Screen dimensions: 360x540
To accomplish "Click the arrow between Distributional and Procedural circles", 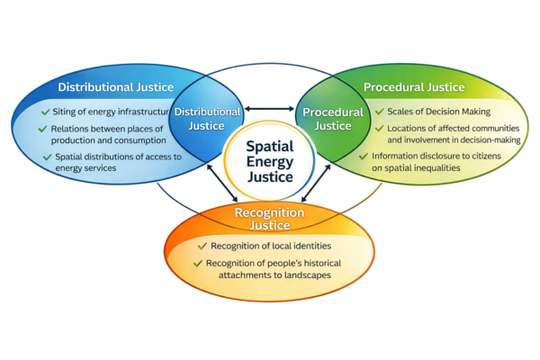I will click(x=269, y=109).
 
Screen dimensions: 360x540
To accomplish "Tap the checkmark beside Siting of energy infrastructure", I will click(x=45, y=112).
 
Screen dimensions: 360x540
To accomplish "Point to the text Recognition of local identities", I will click(x=267, y=246).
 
